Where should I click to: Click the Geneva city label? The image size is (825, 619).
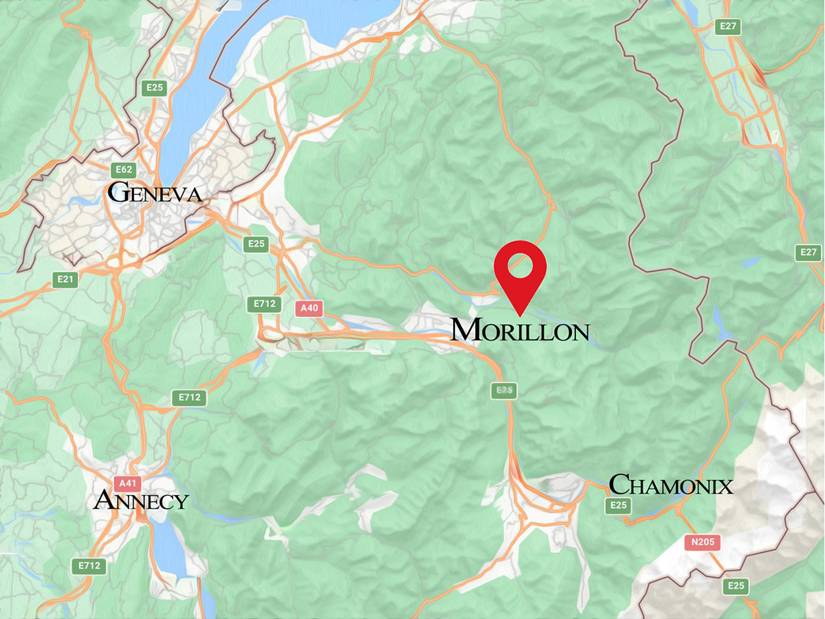[155, 193]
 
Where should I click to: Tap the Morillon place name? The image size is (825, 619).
[520, 331]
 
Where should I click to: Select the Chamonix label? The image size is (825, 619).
[670, 485]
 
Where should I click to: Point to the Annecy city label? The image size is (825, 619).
[141, 500]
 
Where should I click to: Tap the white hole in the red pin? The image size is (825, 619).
[520, 265]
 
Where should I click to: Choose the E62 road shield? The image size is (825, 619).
[124, 169]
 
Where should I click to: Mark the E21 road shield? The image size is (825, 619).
[66, 279]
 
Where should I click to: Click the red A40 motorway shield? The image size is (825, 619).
[309, 308]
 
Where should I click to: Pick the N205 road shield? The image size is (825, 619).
[703, 543]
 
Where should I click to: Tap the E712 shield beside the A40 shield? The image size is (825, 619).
[265, 303]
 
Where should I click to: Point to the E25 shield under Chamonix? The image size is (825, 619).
[618, 506]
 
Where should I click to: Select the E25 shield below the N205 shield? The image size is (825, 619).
[736, 586]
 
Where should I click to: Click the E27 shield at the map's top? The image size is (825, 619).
[727, 27]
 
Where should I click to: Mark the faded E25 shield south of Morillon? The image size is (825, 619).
[505, 390]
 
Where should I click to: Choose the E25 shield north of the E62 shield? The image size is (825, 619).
[154, 87]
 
